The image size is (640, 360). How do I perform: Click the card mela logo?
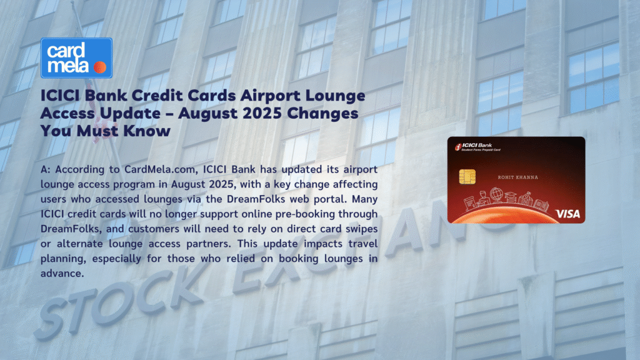pos(76,58)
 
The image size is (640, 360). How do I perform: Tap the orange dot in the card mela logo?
pos(100,67)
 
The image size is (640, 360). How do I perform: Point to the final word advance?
pos(62,274)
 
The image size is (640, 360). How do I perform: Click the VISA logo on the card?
pos(567,214)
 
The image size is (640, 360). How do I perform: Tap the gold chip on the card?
pos(467,177)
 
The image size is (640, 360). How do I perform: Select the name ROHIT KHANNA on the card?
pos(518,177)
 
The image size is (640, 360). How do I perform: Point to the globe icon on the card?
pos(496,194)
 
